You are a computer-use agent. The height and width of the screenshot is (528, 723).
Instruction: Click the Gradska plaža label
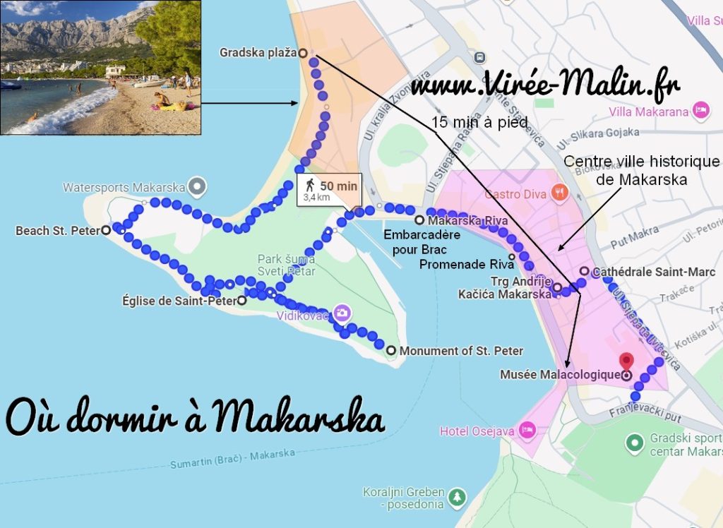pyautogui.click(x=257, y=52)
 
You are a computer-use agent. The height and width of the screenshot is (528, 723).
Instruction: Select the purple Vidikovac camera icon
pyautogui.click(x=342, y=313)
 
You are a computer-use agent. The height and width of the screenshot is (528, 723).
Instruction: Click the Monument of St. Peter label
pyautogui.click(x=461, y=351)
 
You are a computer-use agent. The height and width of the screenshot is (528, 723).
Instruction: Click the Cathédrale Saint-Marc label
pyautogui.click(x=654, y=272)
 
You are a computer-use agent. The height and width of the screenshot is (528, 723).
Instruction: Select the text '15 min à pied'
pyautogui.click(x=479, y=122)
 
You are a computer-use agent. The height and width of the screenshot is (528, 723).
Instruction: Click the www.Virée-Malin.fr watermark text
pyautogui.click(x=545, y=85)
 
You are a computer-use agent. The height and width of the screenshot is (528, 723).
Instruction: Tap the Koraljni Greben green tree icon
pyautogui.click(x=458, y=497)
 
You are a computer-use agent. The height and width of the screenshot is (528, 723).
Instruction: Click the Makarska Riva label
pyautogui.click(x=467, y=220)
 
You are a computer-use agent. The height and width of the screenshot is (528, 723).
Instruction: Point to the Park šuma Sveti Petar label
pyautogui.click(x=286, y=265)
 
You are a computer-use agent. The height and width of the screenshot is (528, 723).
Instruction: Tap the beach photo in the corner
pyautogui.click(x=100, y=67)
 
